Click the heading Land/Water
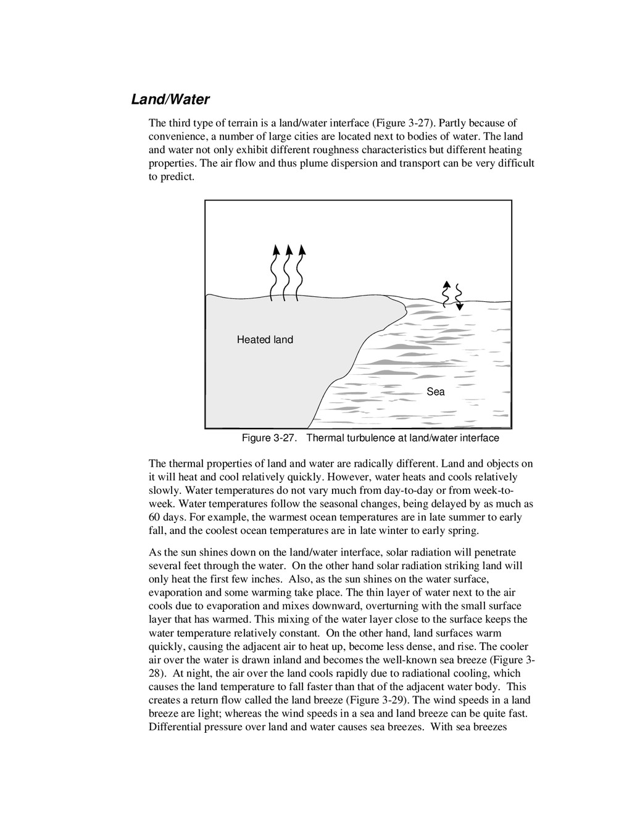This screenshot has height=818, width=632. pyautogui.click(x=170, y=99)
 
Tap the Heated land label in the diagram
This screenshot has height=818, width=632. pyautogui.click(x=265, y=340)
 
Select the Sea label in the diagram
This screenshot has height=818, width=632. pyautogui.click(x=435, y=391)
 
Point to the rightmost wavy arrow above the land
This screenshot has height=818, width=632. pyautogui.click(x=301, y=272)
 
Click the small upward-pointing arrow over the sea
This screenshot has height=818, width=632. pyautogui.click(x=446, y=294)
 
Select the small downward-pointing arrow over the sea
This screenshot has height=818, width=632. pyautogui.click(x=459, y=297)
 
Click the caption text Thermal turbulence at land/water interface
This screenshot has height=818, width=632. pyautogui.click(x=402, y=438)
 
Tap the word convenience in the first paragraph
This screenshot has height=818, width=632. pyautogui.click(x=177, y=136)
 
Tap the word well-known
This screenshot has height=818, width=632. pyautogui.click(x=401, y=660)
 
